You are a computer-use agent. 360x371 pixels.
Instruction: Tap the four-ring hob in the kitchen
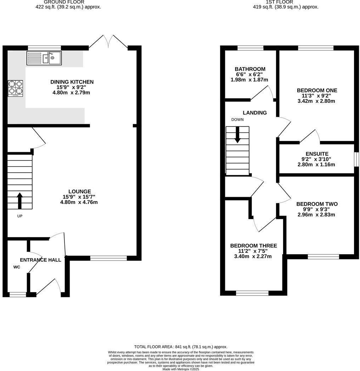[x=16, y=88]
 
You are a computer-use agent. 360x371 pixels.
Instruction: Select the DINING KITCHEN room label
[x=72, y=82]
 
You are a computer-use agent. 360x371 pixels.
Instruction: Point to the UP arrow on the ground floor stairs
[x=19, y=200]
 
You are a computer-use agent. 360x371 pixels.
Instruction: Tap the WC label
[x=17, y=267]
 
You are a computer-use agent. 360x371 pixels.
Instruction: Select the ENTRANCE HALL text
[x=40, y=260]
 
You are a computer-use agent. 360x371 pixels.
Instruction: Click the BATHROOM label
[x=250, y=69]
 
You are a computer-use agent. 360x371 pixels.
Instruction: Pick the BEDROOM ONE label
[x=317, y=90]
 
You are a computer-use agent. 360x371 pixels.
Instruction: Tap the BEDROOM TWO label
[x=317, y=204]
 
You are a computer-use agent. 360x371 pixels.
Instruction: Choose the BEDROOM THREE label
[x=253, y=246]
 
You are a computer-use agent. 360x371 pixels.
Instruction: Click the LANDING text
[x=254, y=113]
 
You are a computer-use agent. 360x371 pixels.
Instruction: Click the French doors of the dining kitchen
[x=108, y=42]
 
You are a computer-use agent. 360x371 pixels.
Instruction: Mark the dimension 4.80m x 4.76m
[x=79, y=202]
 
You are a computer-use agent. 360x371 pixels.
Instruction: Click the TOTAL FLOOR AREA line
[x=181, y=347]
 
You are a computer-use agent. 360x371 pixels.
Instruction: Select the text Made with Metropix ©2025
[x=181, y=369]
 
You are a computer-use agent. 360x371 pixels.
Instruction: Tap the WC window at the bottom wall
[x=17, y=294]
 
